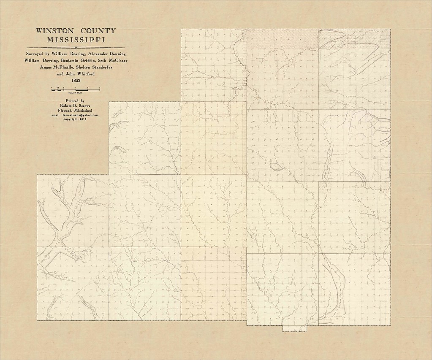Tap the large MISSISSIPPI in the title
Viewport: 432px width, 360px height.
(75, 41)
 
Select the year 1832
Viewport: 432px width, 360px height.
(75, 80)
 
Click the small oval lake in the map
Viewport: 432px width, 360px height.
(276, 167)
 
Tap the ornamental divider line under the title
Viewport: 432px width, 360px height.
(75, 48)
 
